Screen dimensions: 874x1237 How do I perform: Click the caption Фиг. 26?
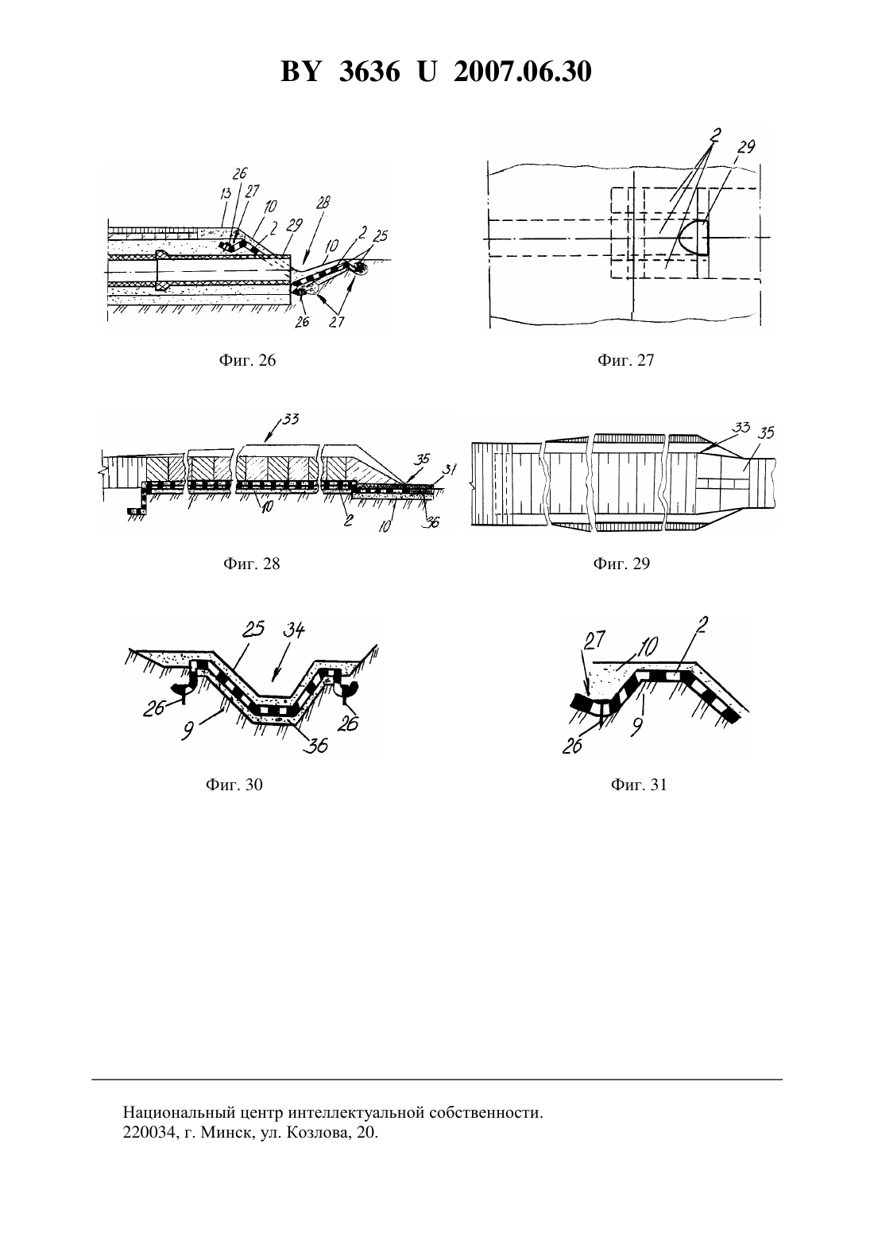[247, 361]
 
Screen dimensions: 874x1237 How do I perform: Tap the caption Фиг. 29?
[621, 564]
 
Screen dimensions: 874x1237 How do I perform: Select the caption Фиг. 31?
[639, 785]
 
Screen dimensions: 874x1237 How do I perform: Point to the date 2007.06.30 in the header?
[523, 72]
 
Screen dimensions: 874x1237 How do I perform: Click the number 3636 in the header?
[369, 72]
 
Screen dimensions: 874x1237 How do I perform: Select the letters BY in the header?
[300, 72]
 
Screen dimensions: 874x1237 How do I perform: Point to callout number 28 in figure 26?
[323, 203]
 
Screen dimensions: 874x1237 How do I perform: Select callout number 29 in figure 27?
[745, 147]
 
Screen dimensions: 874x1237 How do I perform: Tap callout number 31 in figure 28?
[451, 470]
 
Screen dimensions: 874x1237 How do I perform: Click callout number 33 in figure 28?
[290, 419]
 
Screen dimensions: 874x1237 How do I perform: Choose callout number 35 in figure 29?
[766, 432]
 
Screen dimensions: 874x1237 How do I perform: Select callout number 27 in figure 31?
[594, 639]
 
